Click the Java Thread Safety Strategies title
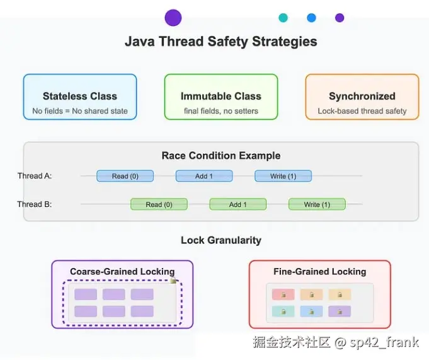pos(220,42)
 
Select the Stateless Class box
pos(80,96)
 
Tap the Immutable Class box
pos(221,96)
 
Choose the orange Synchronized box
pos(362,96)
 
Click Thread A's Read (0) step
pos(125,176)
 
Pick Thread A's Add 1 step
pos(204,176)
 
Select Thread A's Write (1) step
pos(283,176)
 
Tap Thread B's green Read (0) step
pos(159,204)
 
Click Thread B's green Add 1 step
pos(237,204)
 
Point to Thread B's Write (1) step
pos(317,204)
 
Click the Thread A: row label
pos(35,176)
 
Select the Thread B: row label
pos(35,204)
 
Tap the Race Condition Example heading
pos(221,156)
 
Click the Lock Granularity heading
pos(221,240)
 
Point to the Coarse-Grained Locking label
pos(122,272)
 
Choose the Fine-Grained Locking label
pos(320,272)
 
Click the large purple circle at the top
pos(173,18)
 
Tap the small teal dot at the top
pos(283,18)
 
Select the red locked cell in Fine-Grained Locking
pos(283,294)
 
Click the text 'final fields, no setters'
pos(221,111)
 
